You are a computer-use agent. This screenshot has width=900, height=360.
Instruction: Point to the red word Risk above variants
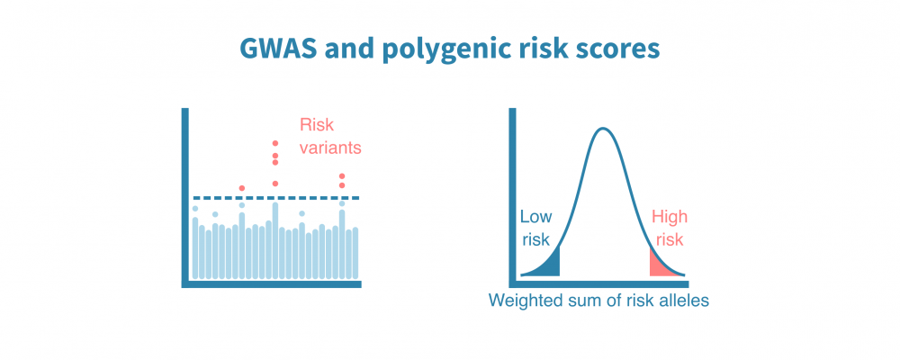tap(316, 125)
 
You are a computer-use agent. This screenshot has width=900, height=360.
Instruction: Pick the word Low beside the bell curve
tap(535, 217)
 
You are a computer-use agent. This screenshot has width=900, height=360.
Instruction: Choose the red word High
tap(669, 217)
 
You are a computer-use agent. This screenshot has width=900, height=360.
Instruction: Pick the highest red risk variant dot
tap(275, 143)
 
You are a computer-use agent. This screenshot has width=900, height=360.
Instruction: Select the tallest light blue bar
tap(275, 239)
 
